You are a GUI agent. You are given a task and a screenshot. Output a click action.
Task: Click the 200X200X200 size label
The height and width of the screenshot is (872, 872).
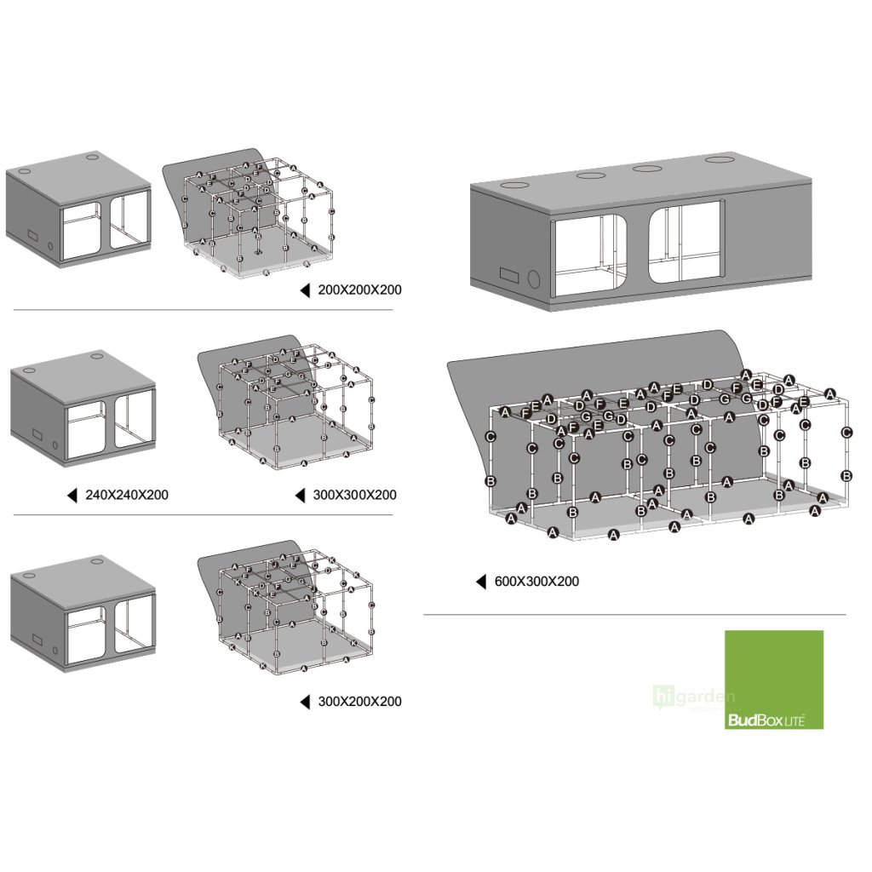[x=359, y=290]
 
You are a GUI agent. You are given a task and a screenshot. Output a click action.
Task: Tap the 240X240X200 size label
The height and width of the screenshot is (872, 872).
[x=127, y=495]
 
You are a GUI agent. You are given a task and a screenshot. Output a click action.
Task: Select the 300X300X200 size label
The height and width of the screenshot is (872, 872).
[x=354, y=495]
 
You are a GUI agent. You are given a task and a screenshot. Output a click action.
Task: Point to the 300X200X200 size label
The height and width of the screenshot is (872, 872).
[x=359, y=702]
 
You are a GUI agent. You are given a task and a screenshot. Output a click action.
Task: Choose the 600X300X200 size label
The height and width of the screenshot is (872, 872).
[x=536, y=582]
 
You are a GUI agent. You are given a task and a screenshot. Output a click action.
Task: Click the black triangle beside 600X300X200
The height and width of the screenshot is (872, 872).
[x=481, y=582]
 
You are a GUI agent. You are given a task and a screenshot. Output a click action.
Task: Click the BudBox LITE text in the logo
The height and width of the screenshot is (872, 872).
[x=765, y=720]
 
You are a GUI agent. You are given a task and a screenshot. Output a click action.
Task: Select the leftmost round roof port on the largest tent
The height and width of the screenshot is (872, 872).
[x=516, y=186]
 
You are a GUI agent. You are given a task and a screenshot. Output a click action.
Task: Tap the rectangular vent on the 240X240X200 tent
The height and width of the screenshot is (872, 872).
[x=37, y=434]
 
